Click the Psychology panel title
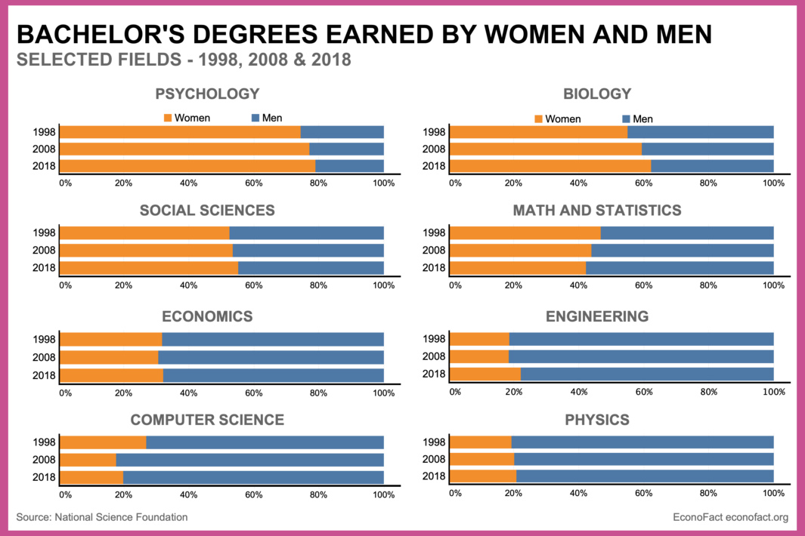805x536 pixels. (x=207, y=94)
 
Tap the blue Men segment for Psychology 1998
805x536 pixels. (x=342, y=132)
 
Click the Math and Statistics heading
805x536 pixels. (x=597, y=210)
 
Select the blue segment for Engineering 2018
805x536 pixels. (x=647, y=374)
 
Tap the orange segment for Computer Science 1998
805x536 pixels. (x=103, y=443)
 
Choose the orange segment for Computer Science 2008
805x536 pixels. (x=88, y=460)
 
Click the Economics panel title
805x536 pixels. (x=207, y=316)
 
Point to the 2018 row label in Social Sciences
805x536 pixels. (x=44, y=267)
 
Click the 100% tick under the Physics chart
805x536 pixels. (x=772, y=493)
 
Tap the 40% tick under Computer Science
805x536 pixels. (x=189, y=495)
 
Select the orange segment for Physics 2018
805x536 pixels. (x=483, y=476)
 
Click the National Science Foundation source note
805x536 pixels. (x=102, y=517)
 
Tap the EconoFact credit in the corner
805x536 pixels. (x=730, y=517)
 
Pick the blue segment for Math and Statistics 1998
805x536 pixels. (x=687, y=233)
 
